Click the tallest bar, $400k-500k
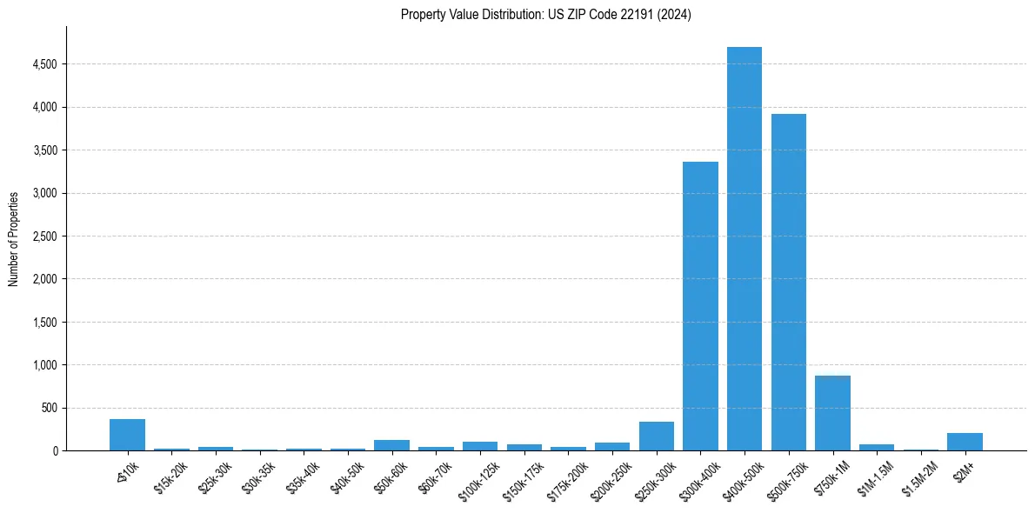pos(745,249)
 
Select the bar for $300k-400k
pos(700,306)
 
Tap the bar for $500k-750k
pos(788,282)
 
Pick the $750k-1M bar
pos(832,413)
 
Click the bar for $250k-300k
pos(657,436)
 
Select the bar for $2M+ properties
pos(965,442)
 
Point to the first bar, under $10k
pos(127,435)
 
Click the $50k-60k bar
pos(391,445)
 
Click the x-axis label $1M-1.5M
pos(873,478)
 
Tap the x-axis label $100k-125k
pos(477,480)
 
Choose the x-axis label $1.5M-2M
pos(918,478)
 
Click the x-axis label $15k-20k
pos(170,477)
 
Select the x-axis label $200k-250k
pos(609,480)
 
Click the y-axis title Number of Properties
pos(14,238)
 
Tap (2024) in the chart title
pos(675,15)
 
